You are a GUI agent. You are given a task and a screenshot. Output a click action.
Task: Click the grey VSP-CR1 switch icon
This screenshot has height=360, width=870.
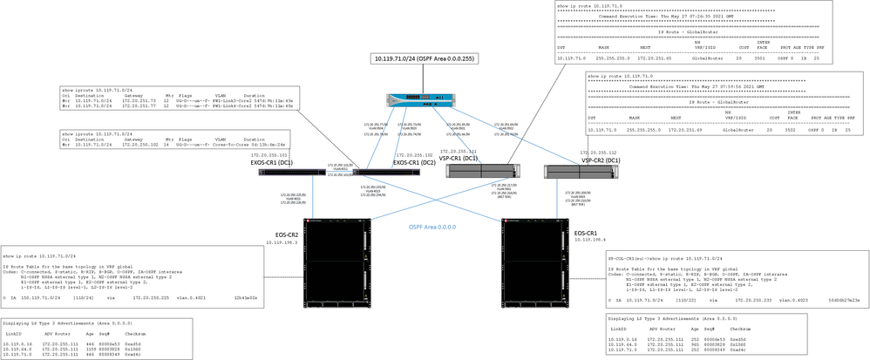click(478, 171)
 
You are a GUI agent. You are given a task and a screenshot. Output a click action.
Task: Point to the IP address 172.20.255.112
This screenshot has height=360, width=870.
click(602, 152)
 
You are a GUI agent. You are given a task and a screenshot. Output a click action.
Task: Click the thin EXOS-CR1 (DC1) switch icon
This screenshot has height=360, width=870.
click(292, 171)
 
